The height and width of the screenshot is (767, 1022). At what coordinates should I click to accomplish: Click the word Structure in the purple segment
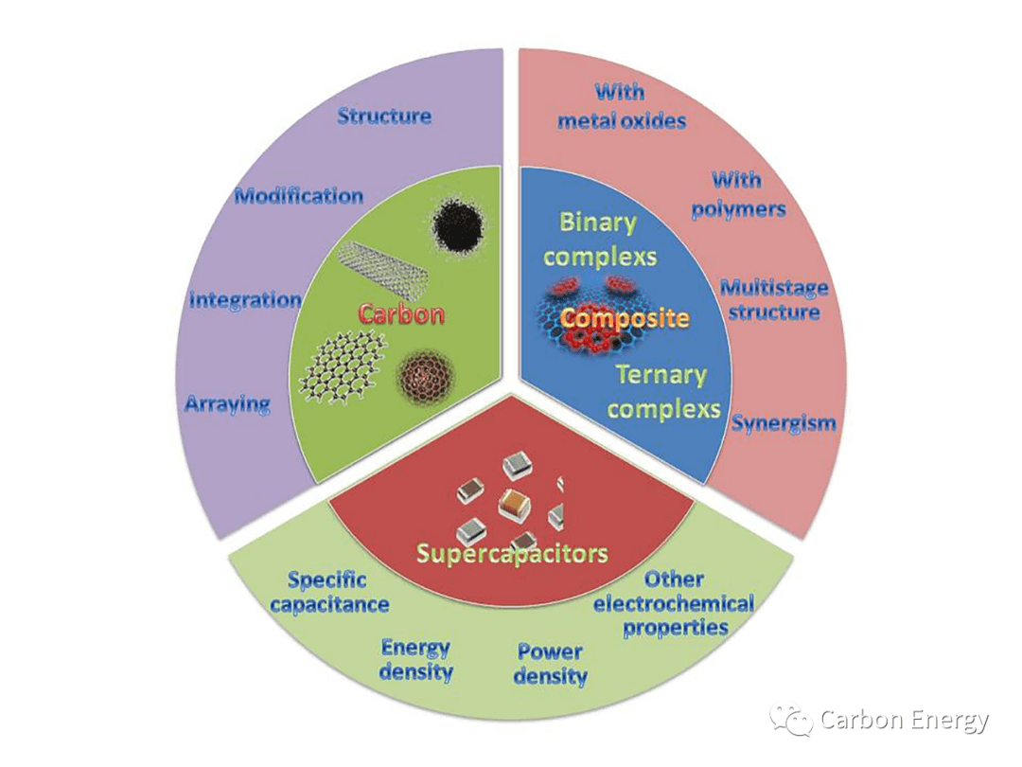(384, 116)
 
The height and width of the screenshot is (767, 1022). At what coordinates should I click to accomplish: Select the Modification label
(299, 196)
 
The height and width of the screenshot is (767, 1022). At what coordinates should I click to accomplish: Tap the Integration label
(245, 300)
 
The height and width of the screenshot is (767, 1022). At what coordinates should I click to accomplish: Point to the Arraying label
(227, 404)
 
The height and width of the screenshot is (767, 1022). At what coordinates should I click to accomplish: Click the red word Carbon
(400, 313)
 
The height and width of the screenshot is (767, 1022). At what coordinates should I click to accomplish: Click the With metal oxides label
(621, 106)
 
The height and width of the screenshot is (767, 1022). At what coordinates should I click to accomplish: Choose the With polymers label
(738, 194)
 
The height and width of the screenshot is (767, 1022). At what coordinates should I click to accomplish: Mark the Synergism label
(784, 423)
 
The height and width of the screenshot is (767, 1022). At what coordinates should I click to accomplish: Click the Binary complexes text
(600, 239)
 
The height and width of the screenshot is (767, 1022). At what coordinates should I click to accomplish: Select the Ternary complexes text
(662, 391)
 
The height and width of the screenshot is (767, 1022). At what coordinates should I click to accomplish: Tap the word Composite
(625, 318)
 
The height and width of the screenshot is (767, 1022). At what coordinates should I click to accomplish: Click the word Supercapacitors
(511, 553)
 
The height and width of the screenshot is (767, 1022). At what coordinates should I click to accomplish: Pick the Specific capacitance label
(328, 592)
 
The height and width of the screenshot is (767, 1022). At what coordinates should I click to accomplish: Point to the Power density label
(551, 664)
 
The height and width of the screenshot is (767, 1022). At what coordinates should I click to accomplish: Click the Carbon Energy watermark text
(904, 721)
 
